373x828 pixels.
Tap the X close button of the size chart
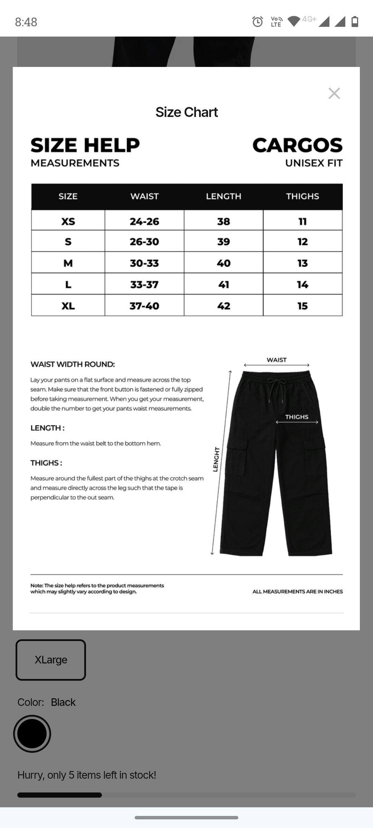pos(334,93)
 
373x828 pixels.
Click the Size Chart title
pos(186,112)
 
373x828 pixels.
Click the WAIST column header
pos(144,196)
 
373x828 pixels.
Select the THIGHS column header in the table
pos(302,196)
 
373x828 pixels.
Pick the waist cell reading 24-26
pos(144,221)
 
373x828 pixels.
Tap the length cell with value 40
pos(223,263)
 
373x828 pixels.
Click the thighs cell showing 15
pos(303,306)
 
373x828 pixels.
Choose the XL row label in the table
pos(68,306)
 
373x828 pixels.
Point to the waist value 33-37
pos(144,285)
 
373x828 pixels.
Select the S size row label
pos(68,241)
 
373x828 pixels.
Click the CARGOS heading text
pos(297,145)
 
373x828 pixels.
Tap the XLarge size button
pos(51,660)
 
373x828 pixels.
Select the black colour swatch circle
pos(32,734)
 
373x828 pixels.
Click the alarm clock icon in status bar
pos(257,22)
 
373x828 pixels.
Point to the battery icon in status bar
pos(355,22)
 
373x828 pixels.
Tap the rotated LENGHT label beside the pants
pos(216,459)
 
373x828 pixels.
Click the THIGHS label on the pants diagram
pos(297,417)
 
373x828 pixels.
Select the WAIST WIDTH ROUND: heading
pos(73,364)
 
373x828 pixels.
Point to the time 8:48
pos(26,22)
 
